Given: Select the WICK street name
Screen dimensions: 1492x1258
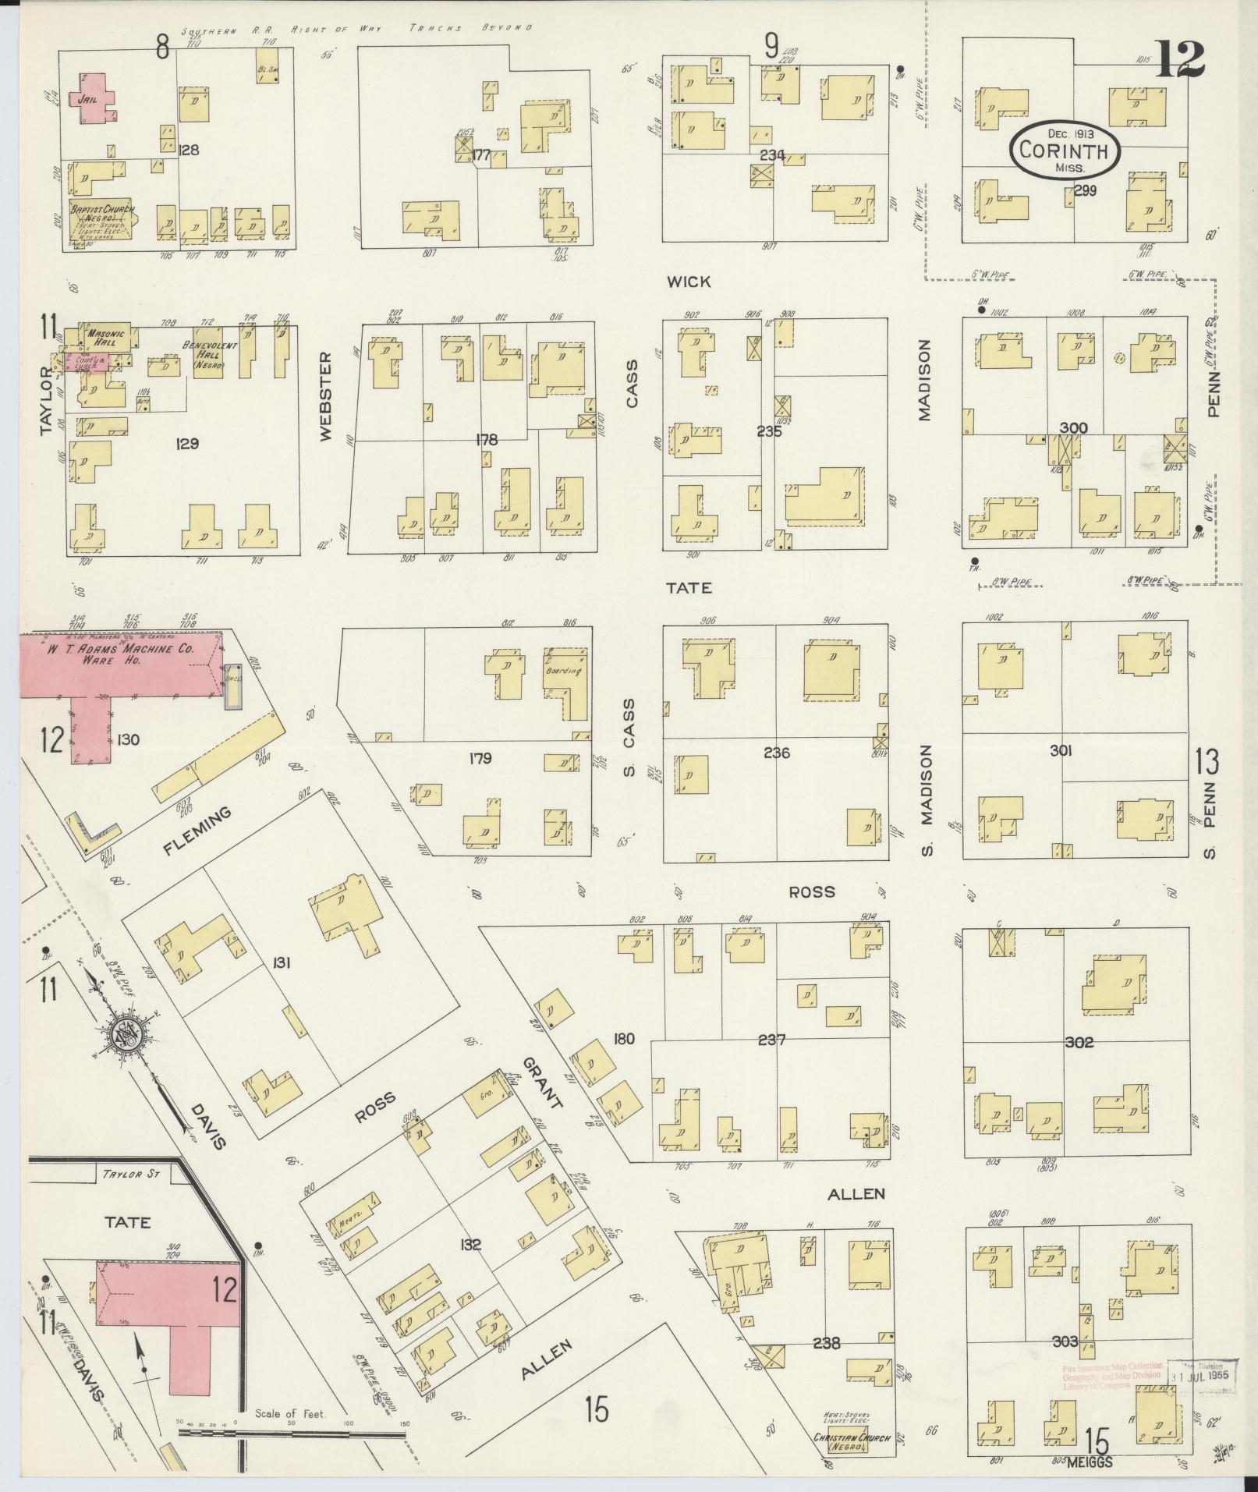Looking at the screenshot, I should [689, 282].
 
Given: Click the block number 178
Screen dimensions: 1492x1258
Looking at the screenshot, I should [487, 441].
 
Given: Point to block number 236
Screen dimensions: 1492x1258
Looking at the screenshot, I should [777, 753].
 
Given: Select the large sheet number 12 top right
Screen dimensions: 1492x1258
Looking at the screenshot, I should [1180, 59].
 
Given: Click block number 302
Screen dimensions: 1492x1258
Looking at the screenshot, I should [1078, 1043].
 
